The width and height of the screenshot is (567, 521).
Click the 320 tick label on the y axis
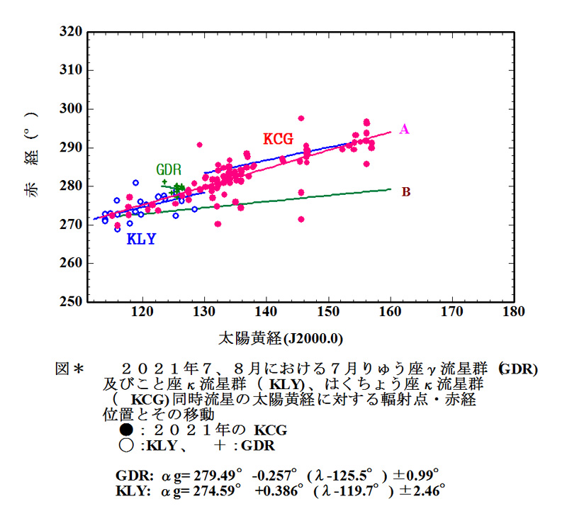click(x=71, y=32)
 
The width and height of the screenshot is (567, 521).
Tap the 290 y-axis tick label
click(x=71, y=147)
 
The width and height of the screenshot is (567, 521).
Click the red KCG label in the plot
click(x=279, y=138)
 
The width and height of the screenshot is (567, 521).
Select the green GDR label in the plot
click(x=169, y=170)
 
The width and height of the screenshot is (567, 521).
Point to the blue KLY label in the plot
click(x=141, y=240)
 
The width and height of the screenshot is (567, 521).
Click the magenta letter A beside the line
click(x=404, y=129)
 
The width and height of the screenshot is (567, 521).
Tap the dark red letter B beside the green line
click(x=406, y=191)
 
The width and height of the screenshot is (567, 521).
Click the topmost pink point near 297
click(x=301, y=118)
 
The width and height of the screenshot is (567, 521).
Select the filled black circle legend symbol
click(x=126, y=430)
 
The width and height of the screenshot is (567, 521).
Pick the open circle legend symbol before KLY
click(x=126, y=446)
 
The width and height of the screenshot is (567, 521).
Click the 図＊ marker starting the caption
click(x=70, y=369)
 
